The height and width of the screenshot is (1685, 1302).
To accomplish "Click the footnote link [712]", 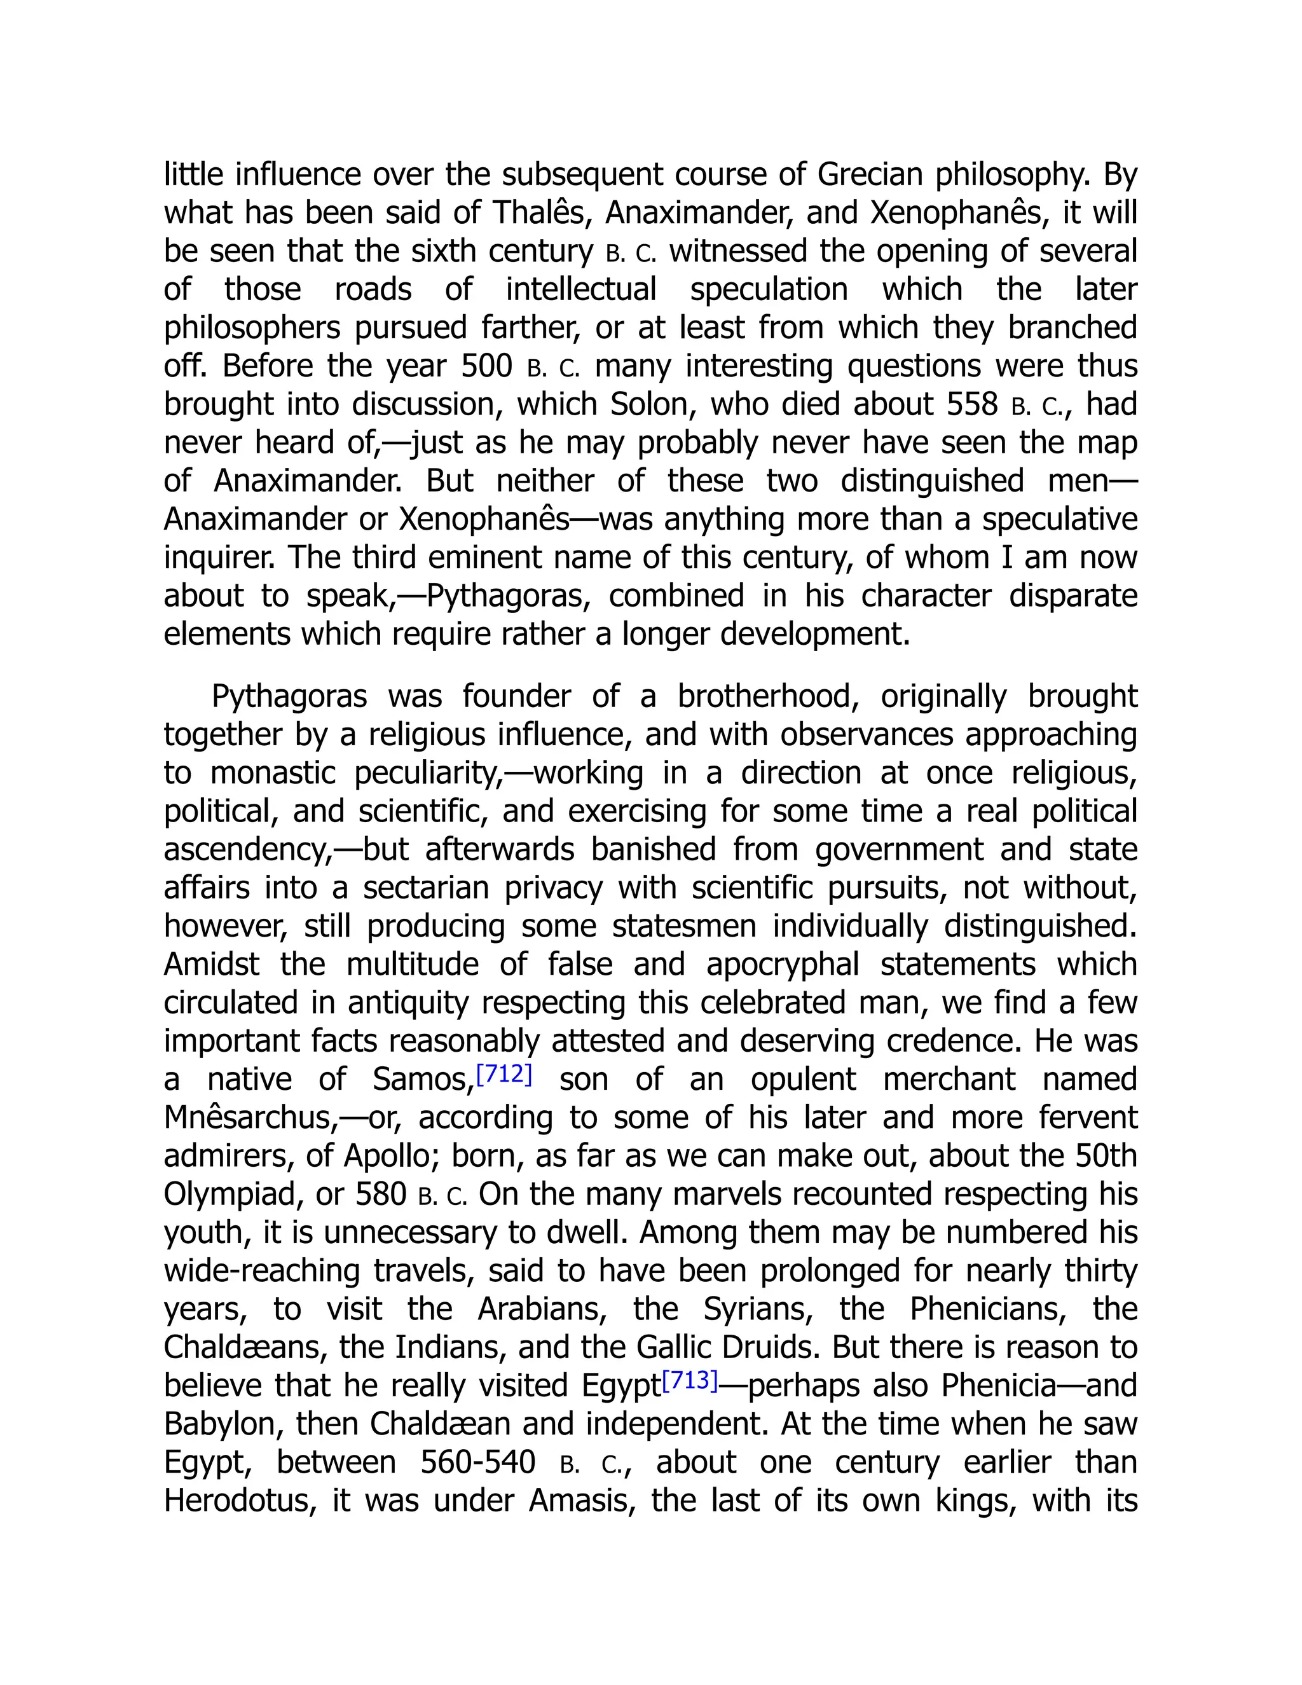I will pyautogui.click(x=504, y=1075).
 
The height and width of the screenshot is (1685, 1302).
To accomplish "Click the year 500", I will pyautogui.click(x=487, y=366).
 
